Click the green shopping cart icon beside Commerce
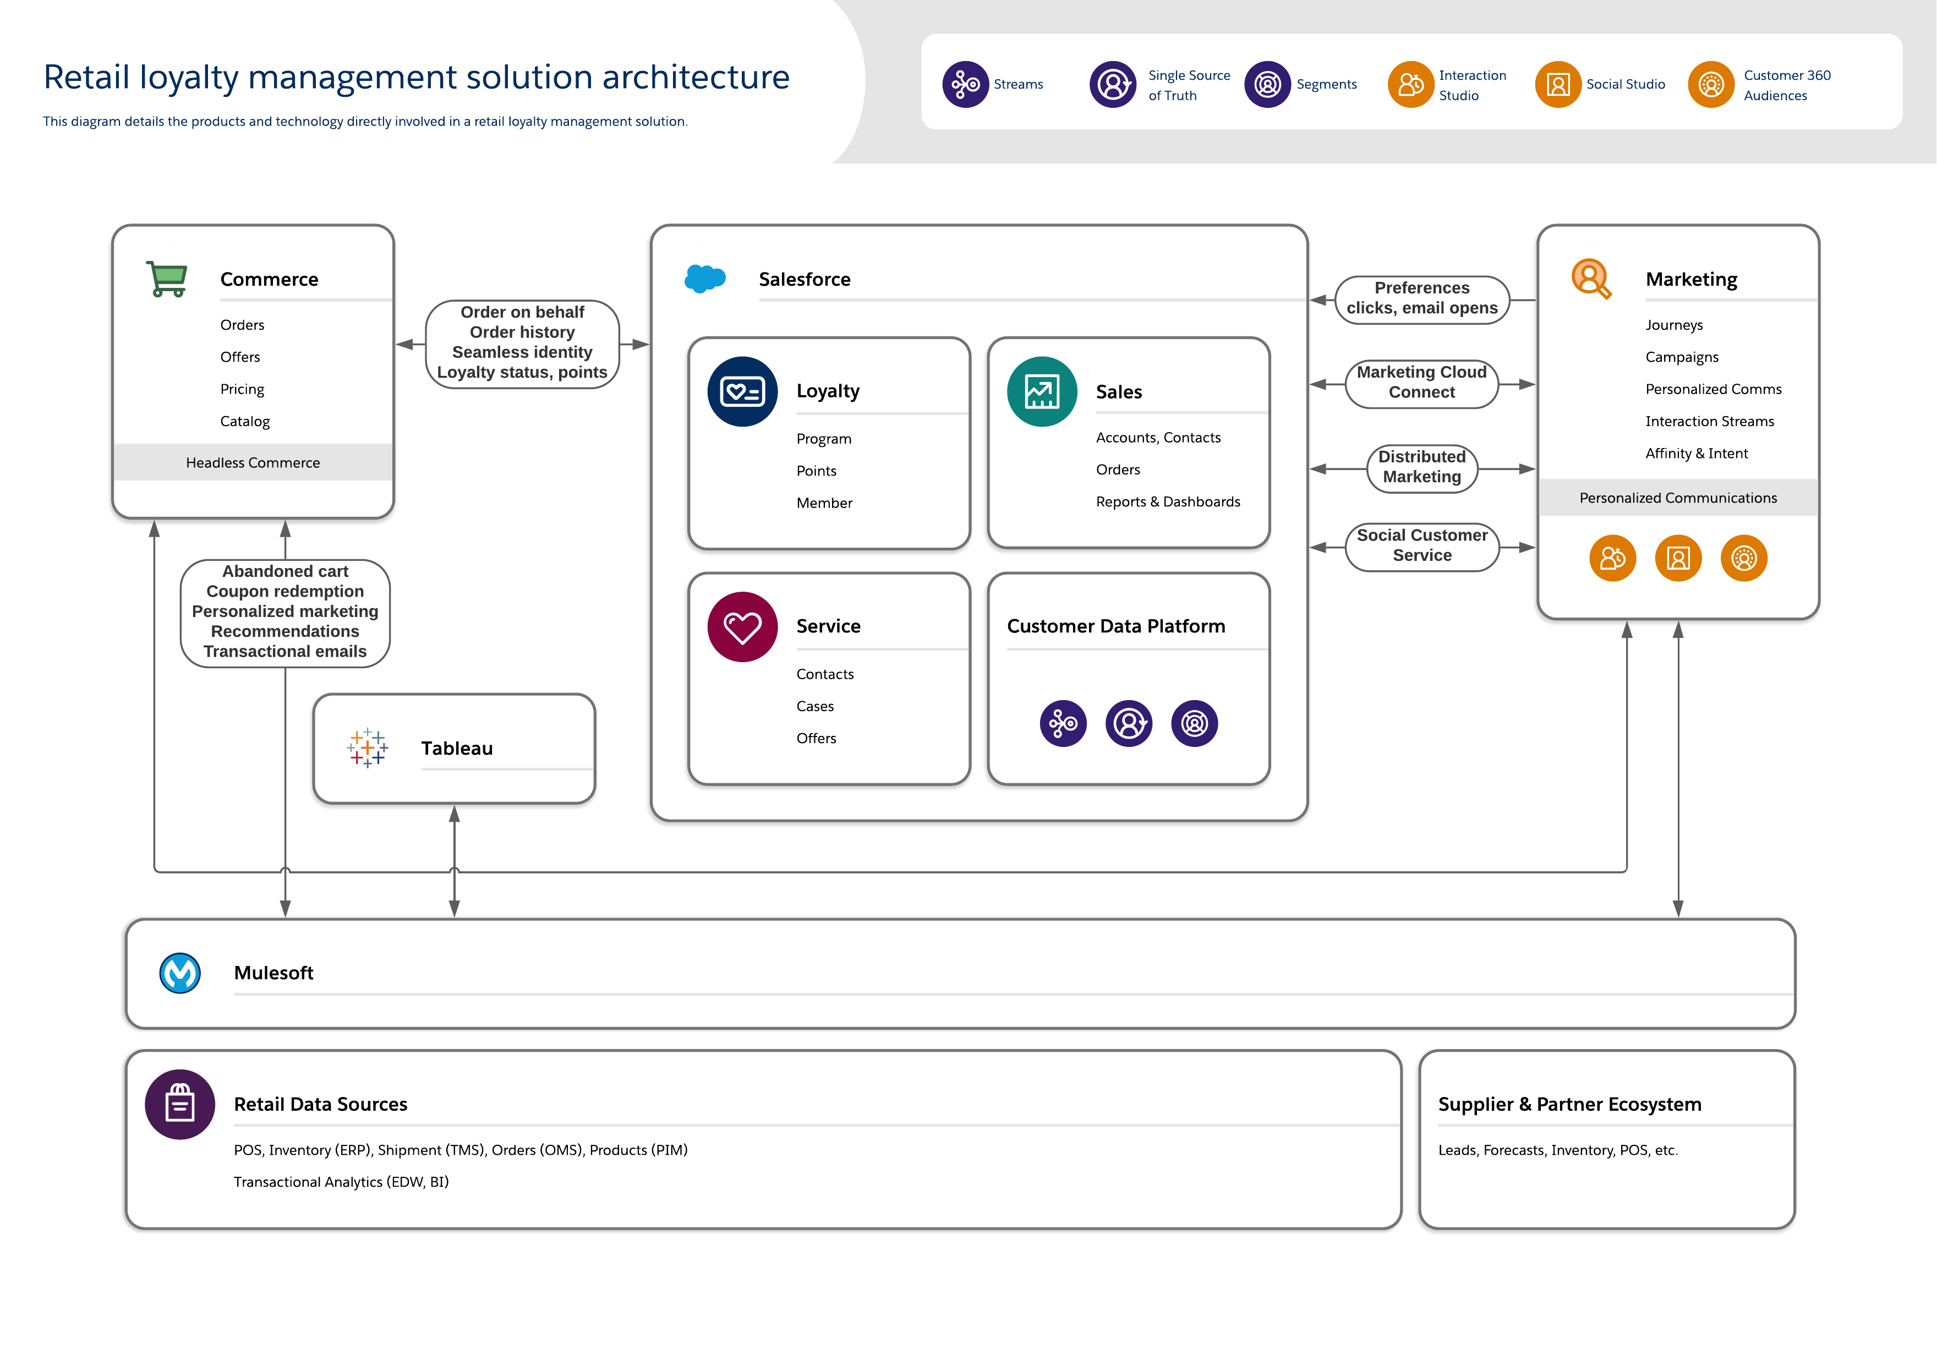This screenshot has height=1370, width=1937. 167,279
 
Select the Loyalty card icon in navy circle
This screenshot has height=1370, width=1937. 742,391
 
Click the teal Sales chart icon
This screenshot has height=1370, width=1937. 1042,391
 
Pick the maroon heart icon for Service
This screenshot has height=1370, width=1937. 742,627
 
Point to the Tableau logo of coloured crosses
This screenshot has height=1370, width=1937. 368,747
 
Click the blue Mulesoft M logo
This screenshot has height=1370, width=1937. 180,974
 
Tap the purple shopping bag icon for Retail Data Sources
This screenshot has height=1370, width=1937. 180,1104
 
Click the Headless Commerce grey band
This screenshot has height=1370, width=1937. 253,462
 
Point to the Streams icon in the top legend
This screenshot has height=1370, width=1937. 965,84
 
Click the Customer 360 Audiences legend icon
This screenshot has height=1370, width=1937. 1711,84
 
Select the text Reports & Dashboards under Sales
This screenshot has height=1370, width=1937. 1168,502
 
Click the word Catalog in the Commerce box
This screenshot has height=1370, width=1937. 245,421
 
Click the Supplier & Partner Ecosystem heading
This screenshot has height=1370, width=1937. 1569,1104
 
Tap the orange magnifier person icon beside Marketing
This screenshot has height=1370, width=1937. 1591,279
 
